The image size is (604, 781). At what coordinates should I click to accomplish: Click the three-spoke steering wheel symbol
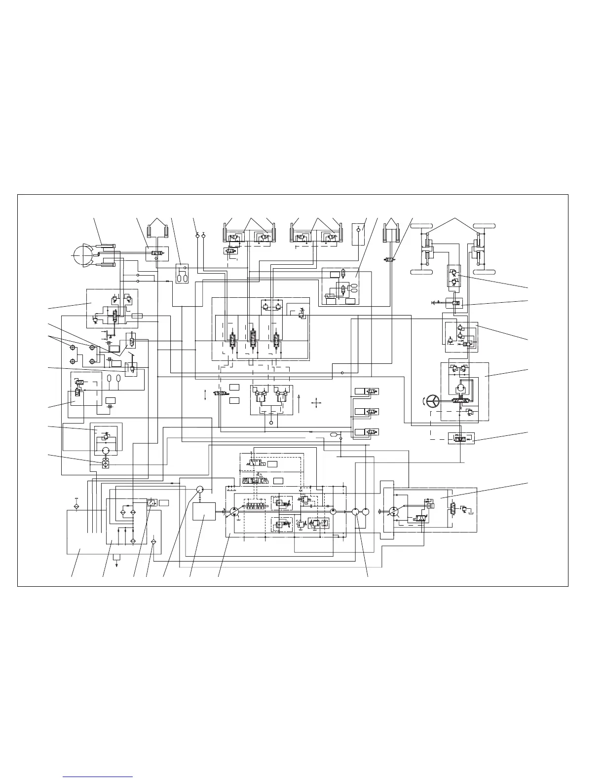[433, 402]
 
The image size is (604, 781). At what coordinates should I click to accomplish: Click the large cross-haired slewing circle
[82, 256]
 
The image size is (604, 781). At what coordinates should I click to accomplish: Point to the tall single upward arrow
[299, 403]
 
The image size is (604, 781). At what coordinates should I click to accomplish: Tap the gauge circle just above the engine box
[200, 490]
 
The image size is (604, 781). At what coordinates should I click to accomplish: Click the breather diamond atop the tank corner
[76, 506]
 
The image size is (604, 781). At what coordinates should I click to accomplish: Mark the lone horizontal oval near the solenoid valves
[334, 434]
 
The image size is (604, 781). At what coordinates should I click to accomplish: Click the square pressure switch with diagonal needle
[151, 502]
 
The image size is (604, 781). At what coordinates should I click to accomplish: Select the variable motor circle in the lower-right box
[394, 512]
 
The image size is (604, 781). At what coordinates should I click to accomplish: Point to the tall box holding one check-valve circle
[358, 234]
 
